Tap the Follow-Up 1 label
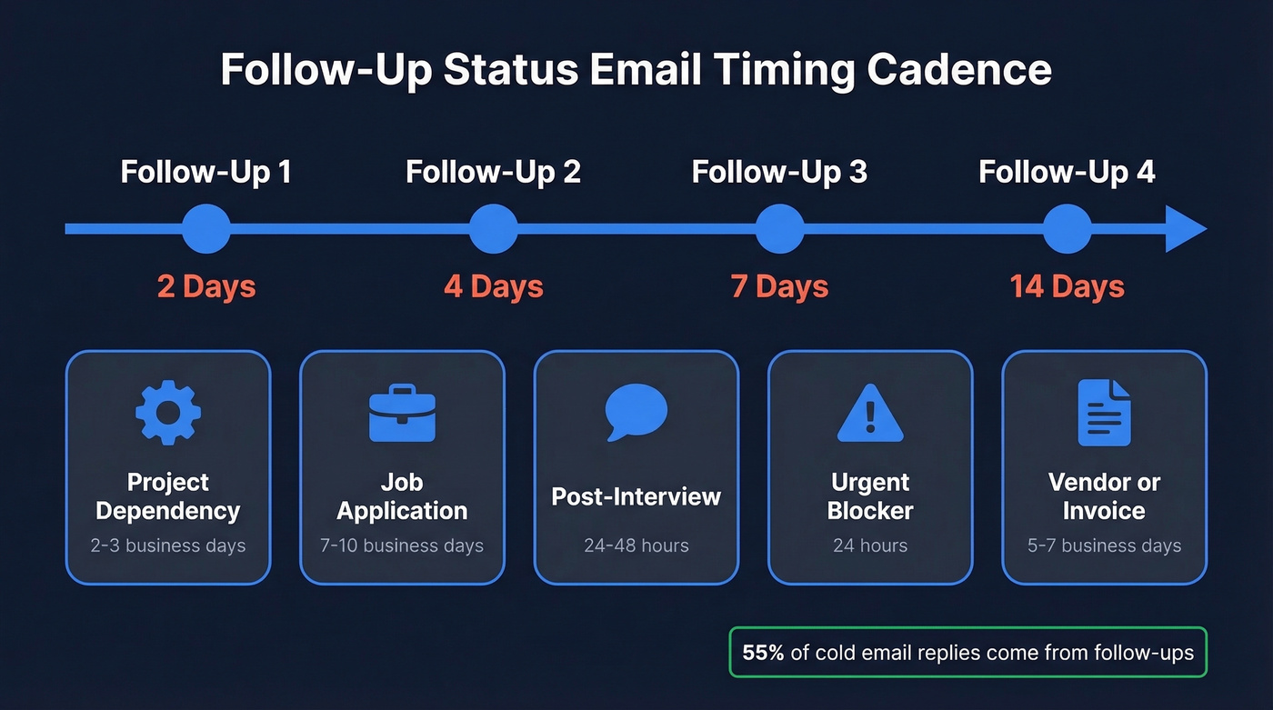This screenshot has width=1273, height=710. (x=206, y=172)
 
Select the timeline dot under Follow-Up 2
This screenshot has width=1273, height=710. (x=493, y=228)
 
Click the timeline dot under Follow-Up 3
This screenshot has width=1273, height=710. (x=779, y=228)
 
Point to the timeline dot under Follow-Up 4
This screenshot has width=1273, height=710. (x=1067, y=228)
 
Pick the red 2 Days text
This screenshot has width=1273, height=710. (x=206, y=287)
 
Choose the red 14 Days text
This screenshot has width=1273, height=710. (x=1067, y=287)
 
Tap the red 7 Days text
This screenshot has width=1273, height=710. (x=779, y=287)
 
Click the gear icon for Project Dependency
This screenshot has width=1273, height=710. (x=168, y=413)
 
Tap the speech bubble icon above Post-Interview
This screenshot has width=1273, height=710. (x=636, y=411)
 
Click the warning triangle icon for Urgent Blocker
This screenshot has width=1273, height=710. (x=870, y=414)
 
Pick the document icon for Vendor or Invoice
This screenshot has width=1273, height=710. (x=1104, y=413)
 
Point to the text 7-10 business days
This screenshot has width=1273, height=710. (x=402, y=546)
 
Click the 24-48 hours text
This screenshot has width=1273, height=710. (x=636, y=546)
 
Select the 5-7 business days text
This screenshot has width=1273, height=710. (x=1104, y=546)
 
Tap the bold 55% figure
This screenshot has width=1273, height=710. (x=763, y=653)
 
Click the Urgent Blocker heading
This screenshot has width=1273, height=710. (x=870, y=496)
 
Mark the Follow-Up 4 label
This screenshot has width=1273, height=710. (x=1067, y=172)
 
